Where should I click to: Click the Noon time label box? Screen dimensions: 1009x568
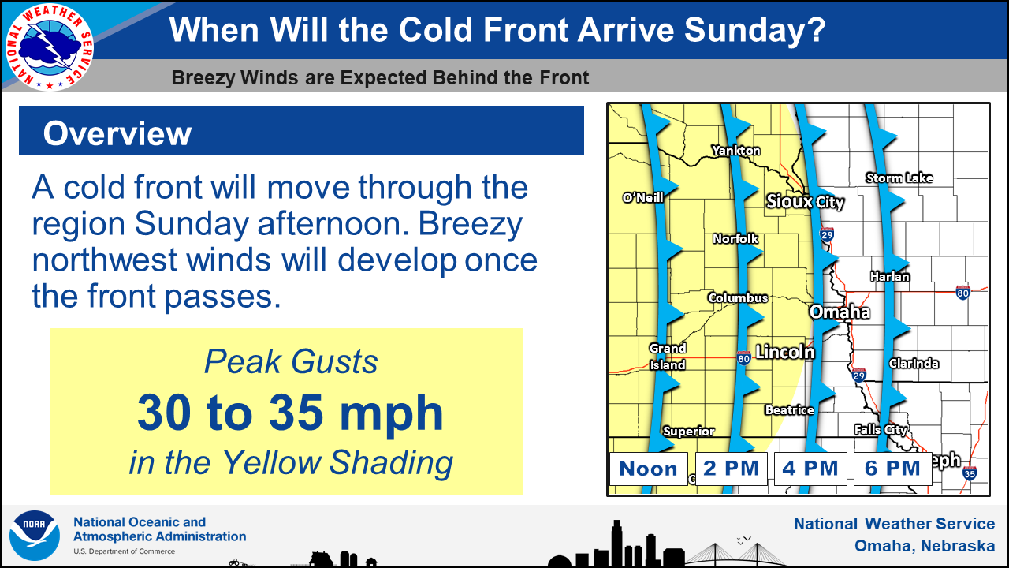pyautogui.click(x=649, y=469)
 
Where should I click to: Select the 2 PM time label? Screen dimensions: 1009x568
pyautogui.click(x=731, y=469)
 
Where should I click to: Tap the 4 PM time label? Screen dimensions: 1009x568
pyautogui.click(x=810, y=469)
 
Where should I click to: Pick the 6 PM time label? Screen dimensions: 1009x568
pyautogui.click(x=893, y=469)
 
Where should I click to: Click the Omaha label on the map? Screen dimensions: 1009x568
pyautogui.click(x=840, y=312)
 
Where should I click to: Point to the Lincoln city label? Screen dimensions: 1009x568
pyautogui.click(x=785, y=352)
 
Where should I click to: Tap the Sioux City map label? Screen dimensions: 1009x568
pyautogui.click(x=805, y=201)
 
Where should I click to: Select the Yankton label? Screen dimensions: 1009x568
pyautogui.click(x=736, y=150)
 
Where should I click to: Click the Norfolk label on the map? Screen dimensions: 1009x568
pyautogui.click(x=735, y=238)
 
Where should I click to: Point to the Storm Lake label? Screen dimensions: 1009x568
pyautogui.click(x=899, y=178)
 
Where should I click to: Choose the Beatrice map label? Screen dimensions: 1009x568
pyautogui.click(x=790, y=409)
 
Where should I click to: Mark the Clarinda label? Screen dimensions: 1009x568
pyautogui.click(x=914, y=364)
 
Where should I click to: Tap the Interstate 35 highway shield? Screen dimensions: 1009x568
pyautogui.click(x=970, y=473)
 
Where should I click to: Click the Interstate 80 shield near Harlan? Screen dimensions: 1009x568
pyautogui.click(x=962, y=293)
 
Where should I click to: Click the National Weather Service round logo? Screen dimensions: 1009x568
pyautogui.click(x=50, y=47)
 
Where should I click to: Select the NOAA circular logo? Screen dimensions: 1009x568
pyautogui.click(x=35, y=535)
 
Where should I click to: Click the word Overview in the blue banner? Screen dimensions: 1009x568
pyautogui.click(x=117, y=133)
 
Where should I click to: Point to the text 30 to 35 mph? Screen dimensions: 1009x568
pyautogui.click(x=291, y=413)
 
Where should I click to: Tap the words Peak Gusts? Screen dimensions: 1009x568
pyautogui.click(x=291, y=361)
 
